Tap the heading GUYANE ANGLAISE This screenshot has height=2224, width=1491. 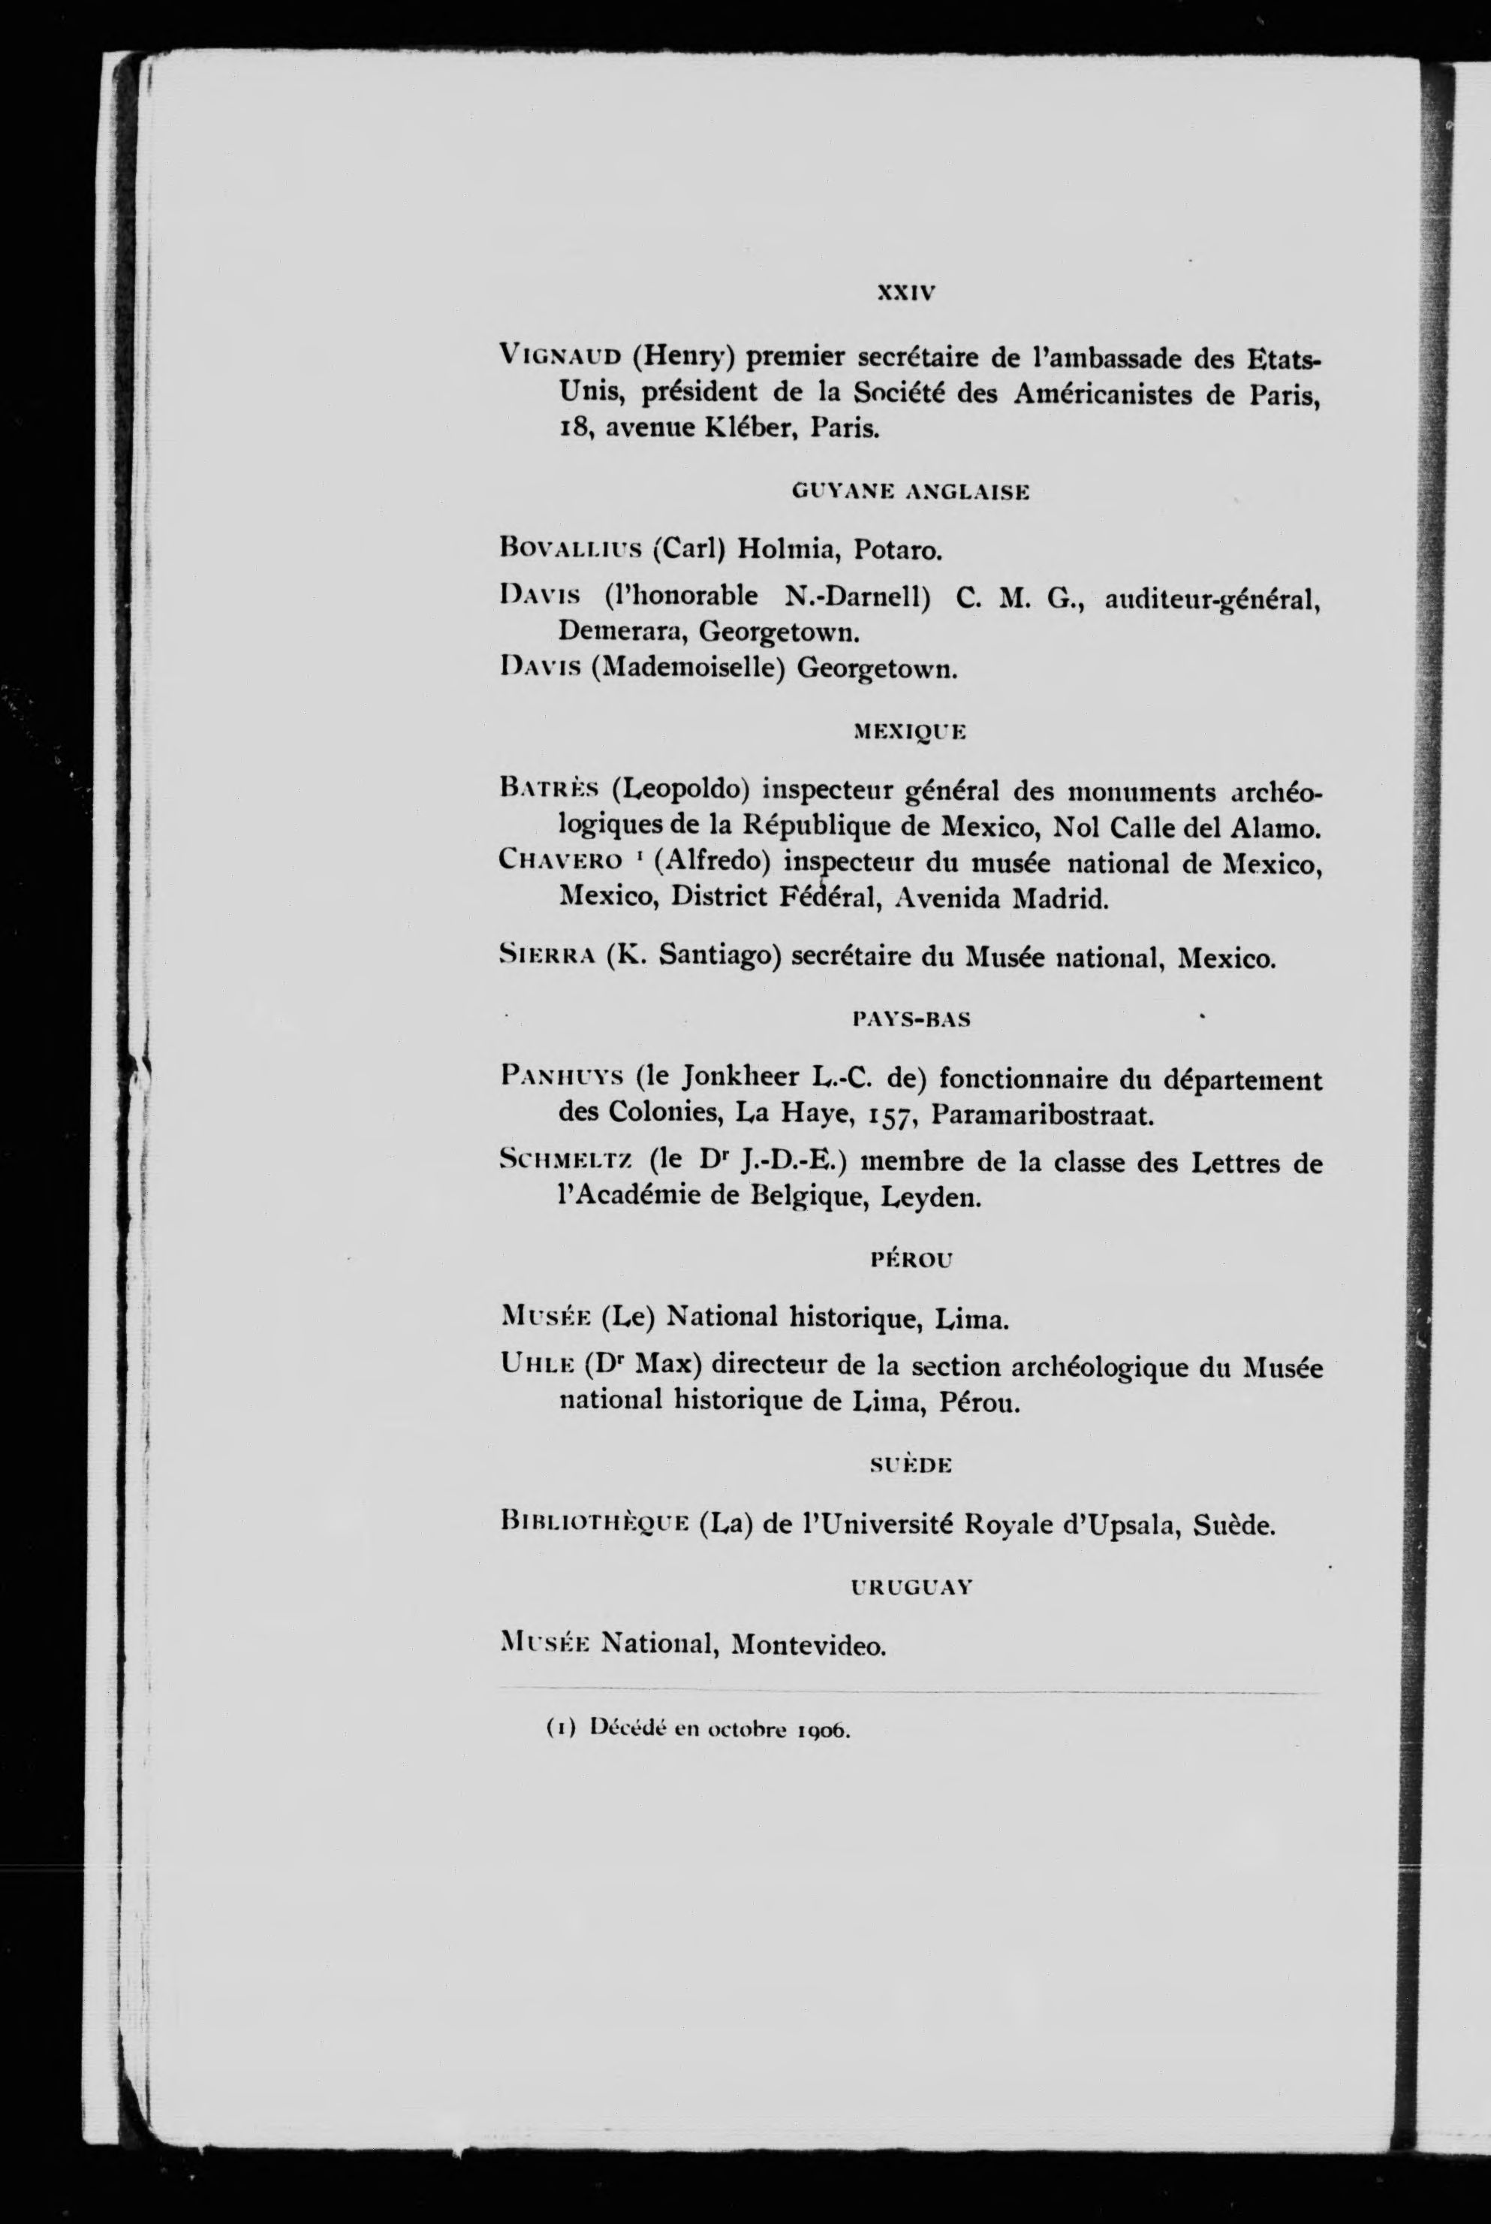pyautogui.click(x=910, y=492)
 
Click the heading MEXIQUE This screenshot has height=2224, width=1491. pyautogui.click(x=910, y=732)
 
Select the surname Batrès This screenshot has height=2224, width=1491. pyautogui.click(x=549, y=789)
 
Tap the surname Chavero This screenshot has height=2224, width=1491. pyautogui.click(x=560, y=861)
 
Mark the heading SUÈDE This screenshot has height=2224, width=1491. pyautogui.click(x=910, y=1466)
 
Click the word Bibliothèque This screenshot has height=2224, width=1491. pyautogui.click(x=593, y=1525)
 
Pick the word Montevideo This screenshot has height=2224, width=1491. pyautogui.click(x=809, y=1645)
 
